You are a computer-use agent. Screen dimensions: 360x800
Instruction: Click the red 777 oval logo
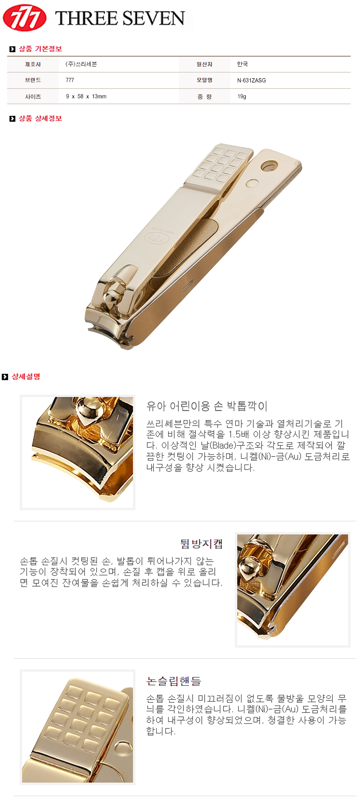pos(24,18)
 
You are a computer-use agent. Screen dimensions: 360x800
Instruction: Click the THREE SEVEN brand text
pos(120,18)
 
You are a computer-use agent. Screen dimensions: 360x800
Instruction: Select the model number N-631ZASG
pos(251,80)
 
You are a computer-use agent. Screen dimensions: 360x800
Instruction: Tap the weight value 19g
pos(242,96)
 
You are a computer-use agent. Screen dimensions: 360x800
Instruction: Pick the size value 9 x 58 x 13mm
pos(86,96)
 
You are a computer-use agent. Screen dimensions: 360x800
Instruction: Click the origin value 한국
pos(242,64)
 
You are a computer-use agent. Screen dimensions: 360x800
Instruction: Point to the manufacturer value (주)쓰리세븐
pos(81,64)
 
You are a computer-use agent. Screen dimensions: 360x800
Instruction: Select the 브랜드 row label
pos(33,80)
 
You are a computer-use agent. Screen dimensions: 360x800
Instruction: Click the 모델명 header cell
pos(204,80)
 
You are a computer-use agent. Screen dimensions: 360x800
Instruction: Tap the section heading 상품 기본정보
pos(40,49)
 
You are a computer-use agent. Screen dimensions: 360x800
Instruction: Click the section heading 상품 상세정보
pos(40,118)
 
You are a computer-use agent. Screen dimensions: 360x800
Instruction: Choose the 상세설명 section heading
pos(26,377)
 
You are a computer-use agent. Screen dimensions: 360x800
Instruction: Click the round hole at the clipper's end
pos(269,166)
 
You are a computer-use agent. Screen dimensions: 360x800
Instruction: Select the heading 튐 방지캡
pos(201,544)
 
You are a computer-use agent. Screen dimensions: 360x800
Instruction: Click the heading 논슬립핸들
pos(174,681)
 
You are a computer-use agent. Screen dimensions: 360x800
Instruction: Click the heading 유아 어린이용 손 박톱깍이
pos(207,406)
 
